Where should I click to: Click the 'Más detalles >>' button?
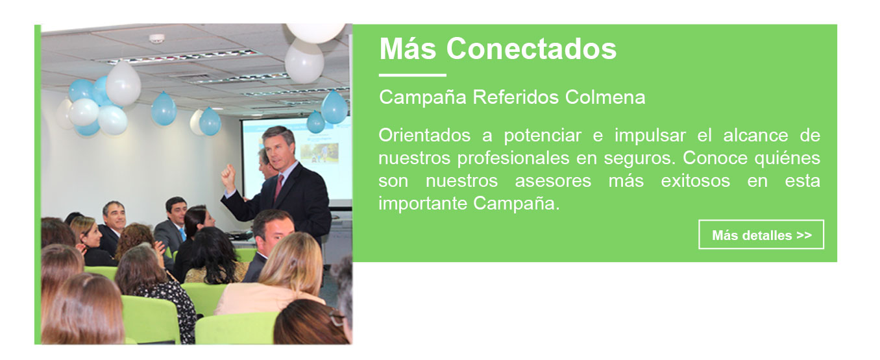(761, 234)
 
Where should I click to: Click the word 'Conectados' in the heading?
(531, 49)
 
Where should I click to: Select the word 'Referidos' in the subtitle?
(515, 97)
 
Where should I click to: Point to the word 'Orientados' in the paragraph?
(424, 136)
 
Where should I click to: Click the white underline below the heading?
(413, 75)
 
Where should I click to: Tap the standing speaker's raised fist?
(228, 176)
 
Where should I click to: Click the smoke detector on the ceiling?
(156, 38)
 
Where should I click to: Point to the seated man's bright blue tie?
(182, 234)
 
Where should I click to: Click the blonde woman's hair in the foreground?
(291, 261)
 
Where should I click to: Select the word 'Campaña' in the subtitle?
(422, 97)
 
